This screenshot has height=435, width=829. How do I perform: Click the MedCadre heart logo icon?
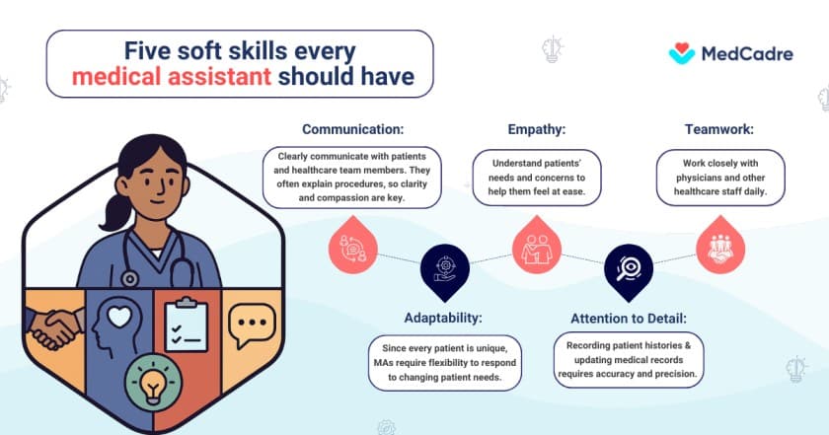(682, 52)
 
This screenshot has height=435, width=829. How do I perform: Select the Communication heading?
(353, 129)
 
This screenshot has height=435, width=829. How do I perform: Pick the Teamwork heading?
(718, 129)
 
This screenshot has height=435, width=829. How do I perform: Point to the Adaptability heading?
(443, 319)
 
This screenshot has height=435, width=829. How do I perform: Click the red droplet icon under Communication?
(354, 248)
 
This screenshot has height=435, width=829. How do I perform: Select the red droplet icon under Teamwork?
(719, 248)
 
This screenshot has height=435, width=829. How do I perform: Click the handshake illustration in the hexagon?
(53, 327)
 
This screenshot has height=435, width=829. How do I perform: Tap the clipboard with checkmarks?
(185, 326)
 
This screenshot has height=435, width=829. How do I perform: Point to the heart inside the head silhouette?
(118, 317)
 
